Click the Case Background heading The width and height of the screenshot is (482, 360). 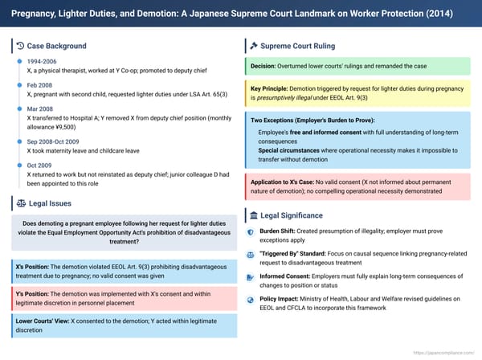[x=56, y=46]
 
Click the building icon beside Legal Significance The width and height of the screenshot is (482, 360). [x=253, y=215]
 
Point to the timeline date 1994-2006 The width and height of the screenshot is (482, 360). [x=42, y=61]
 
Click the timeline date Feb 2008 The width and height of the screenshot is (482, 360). [x=41, y=84]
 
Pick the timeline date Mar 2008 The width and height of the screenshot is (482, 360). [x=41, y=107]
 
